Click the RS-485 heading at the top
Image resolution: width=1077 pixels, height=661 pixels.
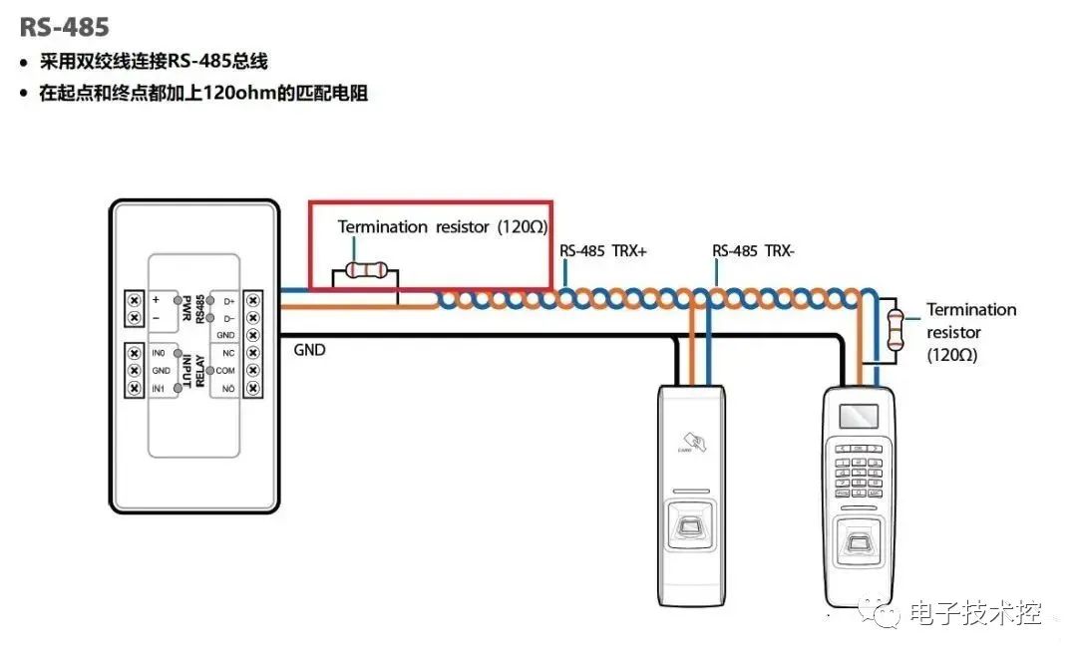coord(64,25)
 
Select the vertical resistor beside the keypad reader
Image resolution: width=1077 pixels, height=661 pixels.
coord(895,328)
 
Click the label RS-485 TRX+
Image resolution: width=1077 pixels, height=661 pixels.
coord(603,251)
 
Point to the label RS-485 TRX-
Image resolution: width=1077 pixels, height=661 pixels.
coord(753,251)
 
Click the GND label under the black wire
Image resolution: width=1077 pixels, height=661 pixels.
coord(309,350)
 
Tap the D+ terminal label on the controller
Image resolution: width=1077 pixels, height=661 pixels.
coord(228,300)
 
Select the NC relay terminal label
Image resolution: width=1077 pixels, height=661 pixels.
coord(228,353)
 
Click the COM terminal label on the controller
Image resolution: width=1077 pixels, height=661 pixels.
coord(226,370)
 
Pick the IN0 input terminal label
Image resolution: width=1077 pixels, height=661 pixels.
coord(159,353)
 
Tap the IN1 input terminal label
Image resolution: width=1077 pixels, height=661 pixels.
coord(159,387)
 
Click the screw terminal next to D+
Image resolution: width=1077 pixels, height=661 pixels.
coord(252,300)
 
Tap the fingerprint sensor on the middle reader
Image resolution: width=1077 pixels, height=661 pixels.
coord(689,525)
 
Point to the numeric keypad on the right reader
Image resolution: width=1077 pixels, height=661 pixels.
coord(858,470)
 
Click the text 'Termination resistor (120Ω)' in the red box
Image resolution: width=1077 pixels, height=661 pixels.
coord(443,227)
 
